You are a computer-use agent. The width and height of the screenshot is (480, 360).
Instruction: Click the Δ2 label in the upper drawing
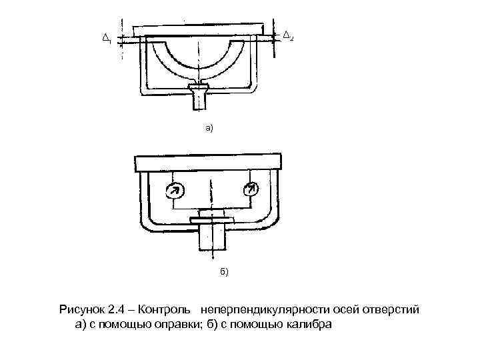(x=287, y=35)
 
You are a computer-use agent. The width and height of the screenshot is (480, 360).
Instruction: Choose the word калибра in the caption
(x=306, y=325)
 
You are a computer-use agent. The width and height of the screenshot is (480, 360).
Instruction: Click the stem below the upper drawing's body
(x=199, y=99)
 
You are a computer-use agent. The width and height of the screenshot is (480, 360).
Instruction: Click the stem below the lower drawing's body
(x=212, y=237)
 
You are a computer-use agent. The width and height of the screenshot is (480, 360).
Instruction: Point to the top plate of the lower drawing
(x=210, y=163)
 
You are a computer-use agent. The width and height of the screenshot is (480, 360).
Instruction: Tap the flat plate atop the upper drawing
(x=203, y=31)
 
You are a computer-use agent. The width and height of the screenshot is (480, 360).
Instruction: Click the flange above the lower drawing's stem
(x=212, y=219)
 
